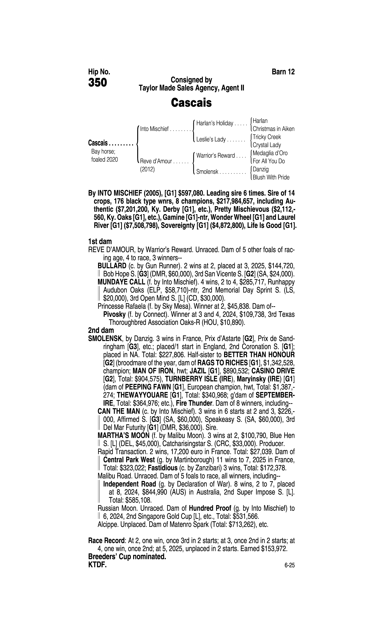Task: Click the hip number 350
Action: pyautogui.click(x=98, y=83)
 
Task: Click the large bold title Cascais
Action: pyautogui.click(x=191, y=103)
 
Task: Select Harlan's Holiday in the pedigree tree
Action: pyautogui.click(x=214, y=123)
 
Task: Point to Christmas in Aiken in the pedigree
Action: pyautogui.click(x=273, y=129)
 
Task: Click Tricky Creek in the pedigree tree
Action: pyautogui.click(x=267, y=137)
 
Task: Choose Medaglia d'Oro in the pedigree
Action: pyautogui.click(x=270, y=153)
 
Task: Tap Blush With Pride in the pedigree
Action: pyautogui.click(x=271, y=177)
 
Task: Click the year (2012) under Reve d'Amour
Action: pyautogui.click(x=147, y=169)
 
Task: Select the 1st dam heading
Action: pyautogui.click(x=100, y=242)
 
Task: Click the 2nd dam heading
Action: pyautogui.click(x=101, y=330)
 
